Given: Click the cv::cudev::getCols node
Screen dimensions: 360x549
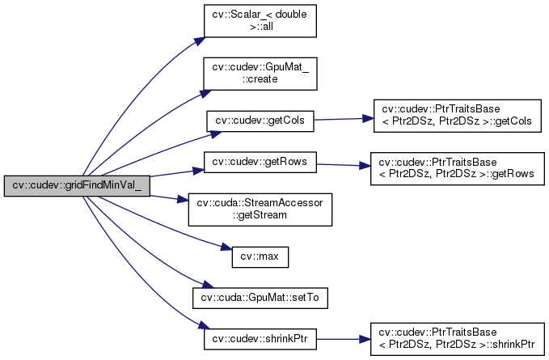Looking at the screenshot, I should click(259, 121).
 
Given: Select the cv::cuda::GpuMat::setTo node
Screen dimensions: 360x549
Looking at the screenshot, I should click(259, 296).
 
